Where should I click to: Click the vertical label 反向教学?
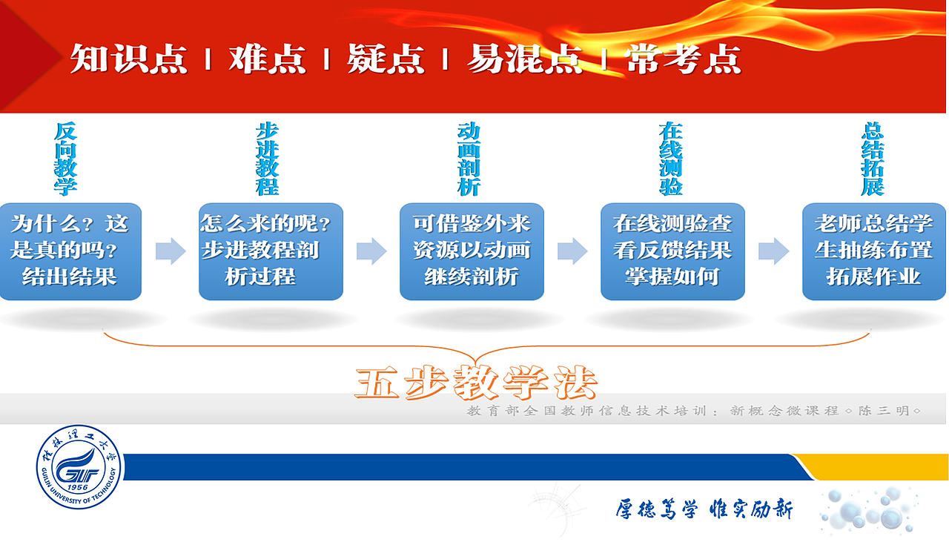coord(65,159)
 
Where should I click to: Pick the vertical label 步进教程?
coord(267,159)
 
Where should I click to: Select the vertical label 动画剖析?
coord(469,159)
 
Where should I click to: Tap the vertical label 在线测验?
coord(670,159)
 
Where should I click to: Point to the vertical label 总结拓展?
coord(873,159)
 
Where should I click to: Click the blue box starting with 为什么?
coord(70,251)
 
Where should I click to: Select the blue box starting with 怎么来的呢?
coord(271,251)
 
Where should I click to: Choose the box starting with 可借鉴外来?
coord(472,251)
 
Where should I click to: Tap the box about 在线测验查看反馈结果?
coord(672,251)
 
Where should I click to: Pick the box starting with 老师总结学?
coord(874,251)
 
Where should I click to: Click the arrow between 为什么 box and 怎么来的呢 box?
coord(171,251)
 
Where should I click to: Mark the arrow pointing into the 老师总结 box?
coord(774,251)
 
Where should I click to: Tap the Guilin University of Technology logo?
coord(78,469)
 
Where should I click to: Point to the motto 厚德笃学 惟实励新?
coord(704,509)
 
